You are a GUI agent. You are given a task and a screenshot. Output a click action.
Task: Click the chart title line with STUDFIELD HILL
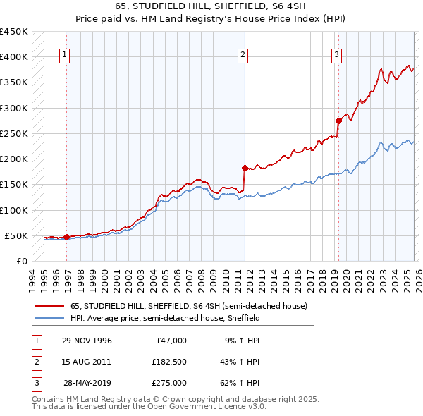[x=211, y=6]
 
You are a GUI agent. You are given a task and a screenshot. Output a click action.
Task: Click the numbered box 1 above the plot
[x=64, y=54]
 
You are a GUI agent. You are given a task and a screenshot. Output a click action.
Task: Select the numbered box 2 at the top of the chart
[x=243, y=54]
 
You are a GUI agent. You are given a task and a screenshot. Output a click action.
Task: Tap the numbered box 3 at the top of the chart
[x=336, y=54]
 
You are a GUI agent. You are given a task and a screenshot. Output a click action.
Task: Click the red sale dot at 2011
[x=245, y=168]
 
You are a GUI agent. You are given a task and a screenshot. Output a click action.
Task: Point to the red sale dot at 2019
[x=338, y=121]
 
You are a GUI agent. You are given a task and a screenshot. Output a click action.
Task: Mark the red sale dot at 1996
[x=67, y=237]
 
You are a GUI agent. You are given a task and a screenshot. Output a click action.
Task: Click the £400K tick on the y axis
[x=14, y=57]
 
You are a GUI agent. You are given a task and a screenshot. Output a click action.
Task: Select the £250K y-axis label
[x=14, y=133]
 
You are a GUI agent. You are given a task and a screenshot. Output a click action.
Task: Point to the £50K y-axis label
[x=17, y=235]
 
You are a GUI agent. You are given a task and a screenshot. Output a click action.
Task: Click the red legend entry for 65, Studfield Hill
[x=188, y=307]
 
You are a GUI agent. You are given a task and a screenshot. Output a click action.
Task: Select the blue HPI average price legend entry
[x=165, y=319]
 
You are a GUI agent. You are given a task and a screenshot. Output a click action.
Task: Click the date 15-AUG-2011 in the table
[x=87, y=362]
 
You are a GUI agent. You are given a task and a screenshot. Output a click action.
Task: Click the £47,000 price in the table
[x=169, y=341]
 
